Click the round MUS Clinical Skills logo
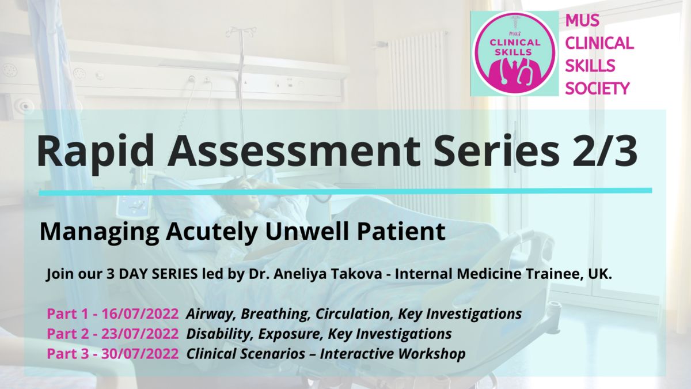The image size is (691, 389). pos(514,54)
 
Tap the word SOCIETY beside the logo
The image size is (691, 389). pos(597,89)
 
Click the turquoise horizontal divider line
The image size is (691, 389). pos(345,192)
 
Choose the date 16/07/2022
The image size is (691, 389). pos(140,314)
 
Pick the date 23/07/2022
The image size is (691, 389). pos(140,334)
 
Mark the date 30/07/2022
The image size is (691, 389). pos(140,353)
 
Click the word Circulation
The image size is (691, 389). pos(354,314)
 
